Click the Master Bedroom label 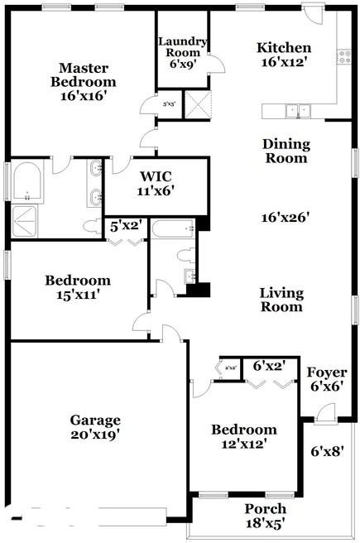pyautogui.click(x=83, y=82)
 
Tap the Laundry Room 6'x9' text pyautogui.click(x=181, y=52)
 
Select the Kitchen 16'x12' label pyautogui.click(x=284, y=55)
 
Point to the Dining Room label pyautogui.click(x=286, y=151)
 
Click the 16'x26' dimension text pyautogui.click(x=286, y=217)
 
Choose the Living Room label pyautogui.click(x=281, y=300)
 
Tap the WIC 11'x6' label pyautogui.click(x=156, y=182)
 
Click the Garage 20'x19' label pyautogui.click(x=95, y=426)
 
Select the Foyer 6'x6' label pyautogui.click(x=327, y=379)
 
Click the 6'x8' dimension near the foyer pyautogui.click(x=326, y=452)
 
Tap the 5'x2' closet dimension pyautogui.click(x=126, y=225)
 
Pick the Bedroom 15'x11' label pyautogui.click(x=78, y=286)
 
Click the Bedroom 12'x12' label pyautogui.click(x=243, y=436)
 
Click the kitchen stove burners pyautogui.click(x=343, y=56)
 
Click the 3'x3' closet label pyautogui.click(x=170, y=104)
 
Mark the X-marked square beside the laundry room pyautogui.click(x=198, y=104)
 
